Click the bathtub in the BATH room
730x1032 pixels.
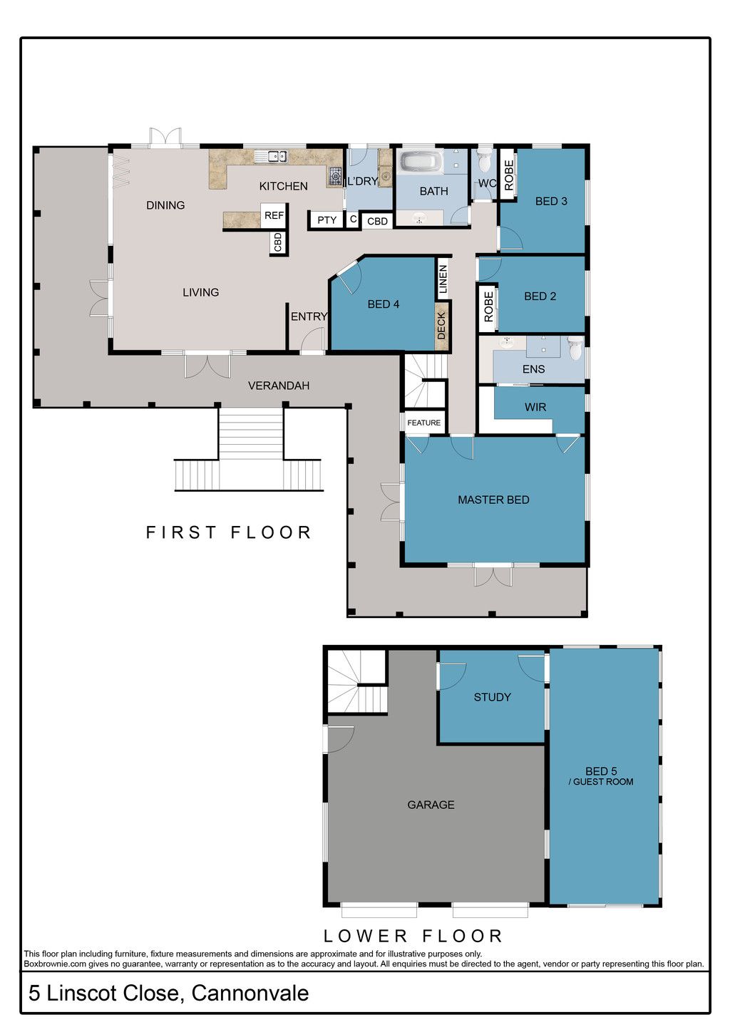(x=421, y=162)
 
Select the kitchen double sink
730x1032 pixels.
(x=272, y=157)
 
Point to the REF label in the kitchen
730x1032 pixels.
(x=274, y=215)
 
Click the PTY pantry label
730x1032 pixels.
(x=327, y=220)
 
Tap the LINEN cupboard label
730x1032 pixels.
(x=443, y=279)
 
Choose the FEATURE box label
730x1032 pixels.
(x=423, y=423)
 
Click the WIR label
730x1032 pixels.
(x=535, y=407)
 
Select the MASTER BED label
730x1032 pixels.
(x=493, y=500)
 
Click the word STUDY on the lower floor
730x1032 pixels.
(x=492, y=697)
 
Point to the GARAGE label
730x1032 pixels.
(x=431, y=805)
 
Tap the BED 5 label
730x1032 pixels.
(x=601, y=771)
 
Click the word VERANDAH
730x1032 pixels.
(x=278, y=386)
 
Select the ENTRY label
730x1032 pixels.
(x=309, y=316)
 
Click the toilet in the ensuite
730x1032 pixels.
(x=575, y=348)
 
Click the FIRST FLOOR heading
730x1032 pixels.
(x=229, y=532)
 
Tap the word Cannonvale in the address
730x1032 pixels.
(x=250, y=994)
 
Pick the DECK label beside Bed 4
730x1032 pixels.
(x=441, y=326)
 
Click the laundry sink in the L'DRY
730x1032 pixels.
(x=385, y=177)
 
